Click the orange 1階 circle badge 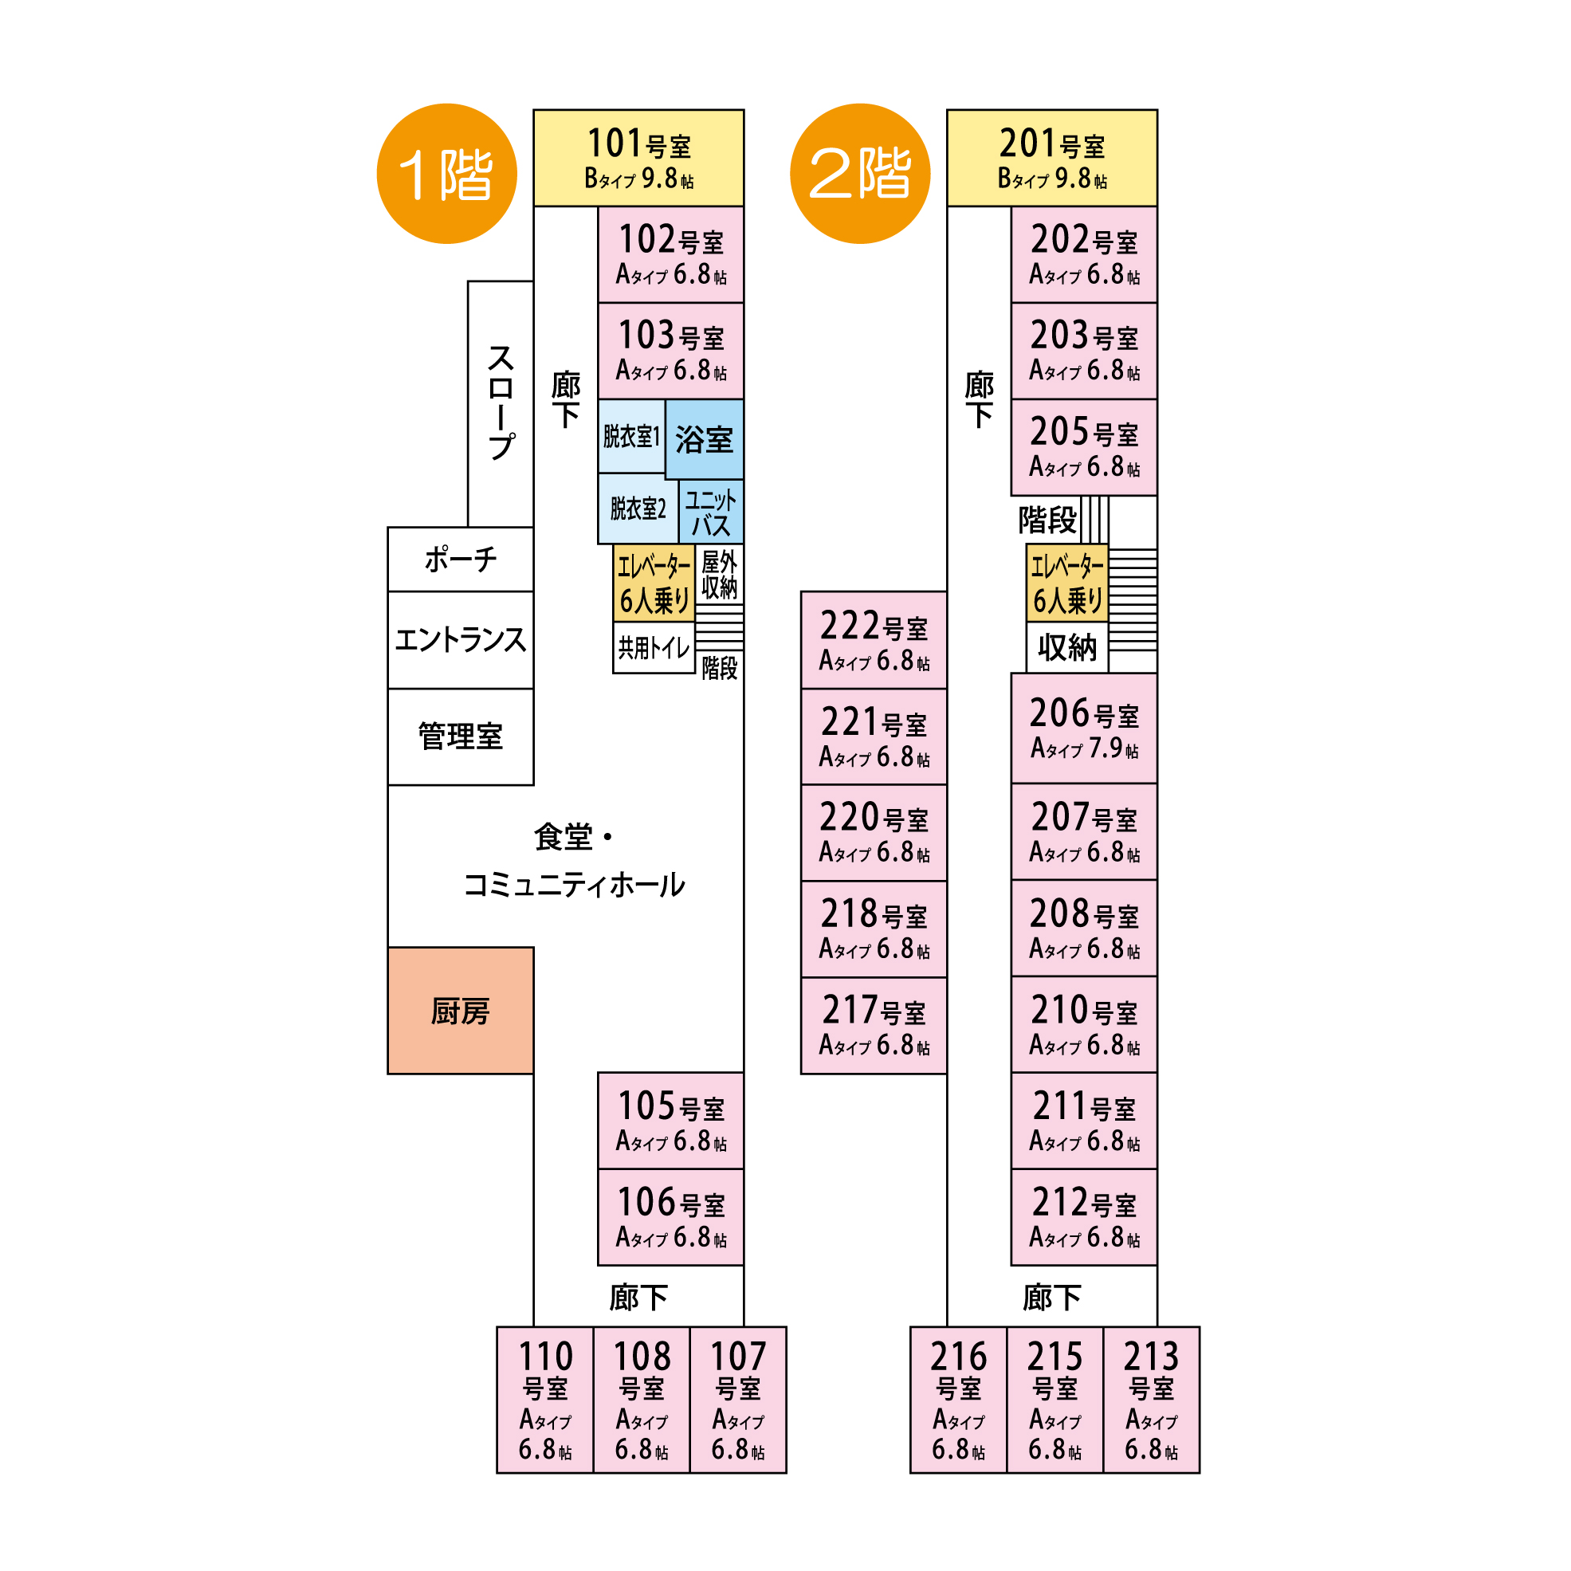(x=446, y=173)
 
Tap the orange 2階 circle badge (x=859, y=173)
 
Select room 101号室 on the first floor (x=638, y=158)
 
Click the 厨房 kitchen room (x=460, y=1011)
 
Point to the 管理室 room (x=460, y=736)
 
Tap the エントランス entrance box (x=460, y=640)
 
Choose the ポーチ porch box (x=460, y=560)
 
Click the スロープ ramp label (x=501, y=403)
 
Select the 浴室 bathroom (x=704, y=439)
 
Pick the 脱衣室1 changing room (x=631, y=437)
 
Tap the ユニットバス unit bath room (x=711, y=513)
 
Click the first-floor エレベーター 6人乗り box (x=654, y=583)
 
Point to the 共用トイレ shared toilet (x=654, y=648)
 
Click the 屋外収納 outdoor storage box (x=720, y=574)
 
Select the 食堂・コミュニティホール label (x=574, y=861)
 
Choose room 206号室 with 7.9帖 (x=1084, y=728)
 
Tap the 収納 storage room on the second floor (x=1066, y=648)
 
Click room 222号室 (x=874, y=640)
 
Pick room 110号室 (x=545, y=1400)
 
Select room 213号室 (x=1152, y=1400)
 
